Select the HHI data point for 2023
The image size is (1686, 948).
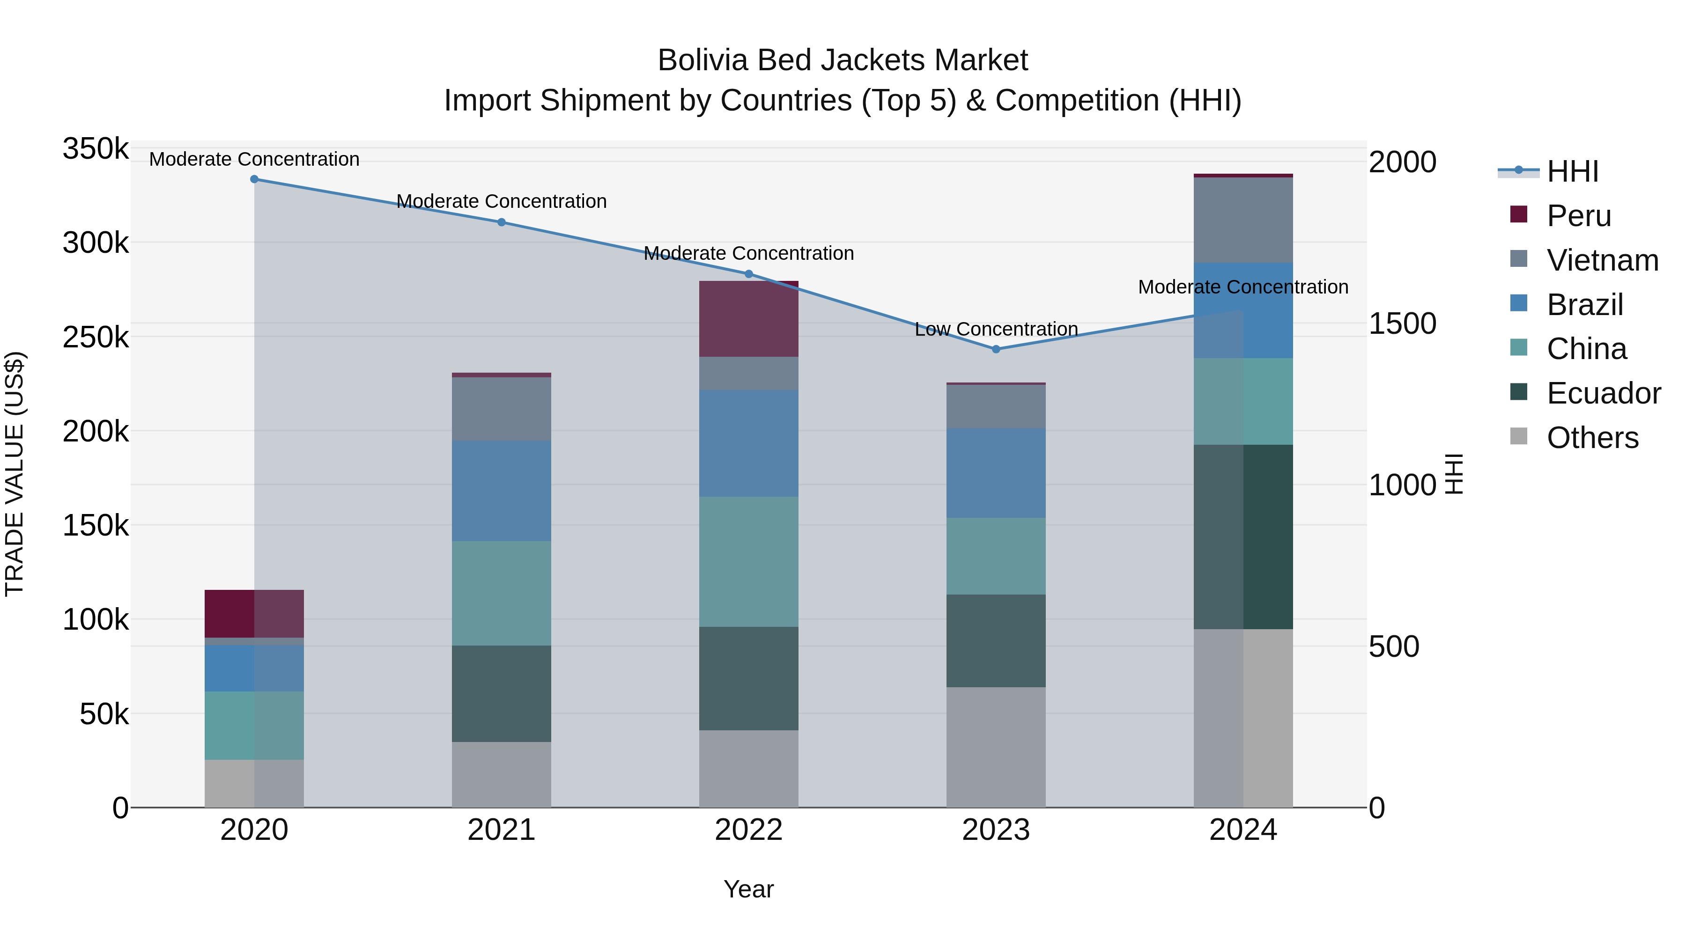(996, 349)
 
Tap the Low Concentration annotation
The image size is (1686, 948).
(996, 330)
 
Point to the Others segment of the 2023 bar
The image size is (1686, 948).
(996, 747)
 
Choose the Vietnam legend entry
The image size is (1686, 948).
(1602, 260)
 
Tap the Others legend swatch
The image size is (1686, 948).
(1518, 436)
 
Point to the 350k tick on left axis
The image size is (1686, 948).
(96, 149)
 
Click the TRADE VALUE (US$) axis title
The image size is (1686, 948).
(15, 474)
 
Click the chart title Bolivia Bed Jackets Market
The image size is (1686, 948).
(843, 60)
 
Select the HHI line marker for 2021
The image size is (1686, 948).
(501, 222)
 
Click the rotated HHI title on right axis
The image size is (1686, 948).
(1454, 474)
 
